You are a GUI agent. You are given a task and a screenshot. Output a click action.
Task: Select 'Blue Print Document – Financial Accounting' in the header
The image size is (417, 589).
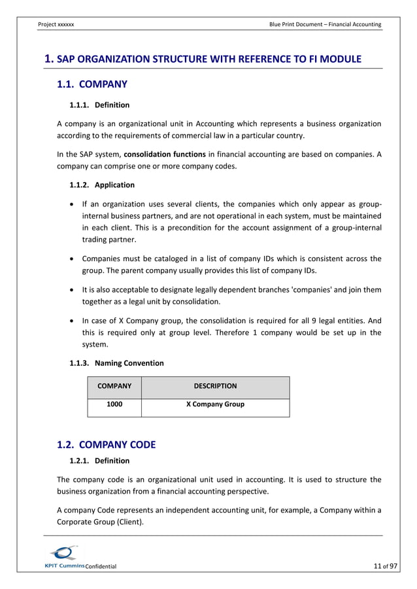tap(325, 24)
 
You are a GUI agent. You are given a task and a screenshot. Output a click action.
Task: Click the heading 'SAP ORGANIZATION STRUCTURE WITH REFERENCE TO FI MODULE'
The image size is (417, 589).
tap(208, 59)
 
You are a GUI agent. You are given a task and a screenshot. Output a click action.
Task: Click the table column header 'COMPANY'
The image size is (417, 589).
tap(114, 386)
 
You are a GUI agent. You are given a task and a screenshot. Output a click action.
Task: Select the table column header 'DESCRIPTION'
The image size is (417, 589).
tap(215, 386)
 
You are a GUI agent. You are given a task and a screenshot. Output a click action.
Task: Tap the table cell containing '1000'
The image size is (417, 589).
tap(114, 404)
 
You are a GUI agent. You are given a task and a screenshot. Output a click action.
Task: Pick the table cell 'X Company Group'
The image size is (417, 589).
tap(215, 404)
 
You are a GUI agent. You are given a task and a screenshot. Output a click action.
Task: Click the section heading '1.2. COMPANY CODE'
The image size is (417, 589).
tap(107, 445)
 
